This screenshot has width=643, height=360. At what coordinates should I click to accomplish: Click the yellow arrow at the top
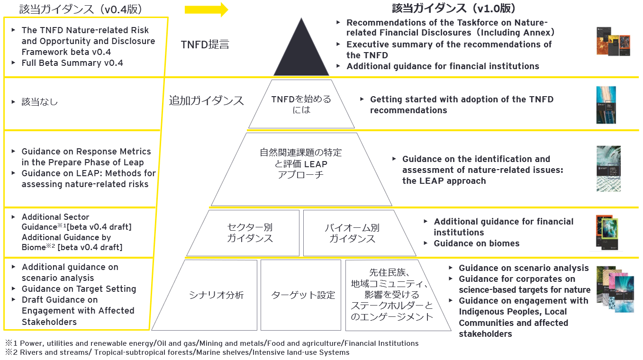(x=206, y=9)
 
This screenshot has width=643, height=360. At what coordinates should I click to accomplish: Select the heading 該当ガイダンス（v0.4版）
(x=81, y=9)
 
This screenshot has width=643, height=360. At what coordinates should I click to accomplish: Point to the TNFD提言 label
(x=205, y=45)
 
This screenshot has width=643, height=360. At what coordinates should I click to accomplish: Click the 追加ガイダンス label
(x=206, y=100)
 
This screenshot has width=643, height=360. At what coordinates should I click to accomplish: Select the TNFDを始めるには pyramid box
(x=301, y=104)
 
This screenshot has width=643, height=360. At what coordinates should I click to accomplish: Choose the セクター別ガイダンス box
(x=250, y=233)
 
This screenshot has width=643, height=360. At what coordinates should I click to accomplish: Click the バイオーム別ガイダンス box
(x=352, y=233)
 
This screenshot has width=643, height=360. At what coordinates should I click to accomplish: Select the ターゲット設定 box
(x=303, y=295)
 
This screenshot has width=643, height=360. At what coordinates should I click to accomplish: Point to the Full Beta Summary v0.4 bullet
(x=72, y=63)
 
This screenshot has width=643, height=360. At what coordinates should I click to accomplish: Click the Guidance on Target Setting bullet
(x=79, y=289)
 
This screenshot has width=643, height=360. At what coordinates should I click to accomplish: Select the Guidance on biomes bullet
(x=476, y=243)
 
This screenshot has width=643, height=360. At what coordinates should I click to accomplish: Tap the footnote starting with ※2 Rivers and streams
(x=177, y=352)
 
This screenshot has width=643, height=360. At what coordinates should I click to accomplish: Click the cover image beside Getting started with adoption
(x=606, y=105)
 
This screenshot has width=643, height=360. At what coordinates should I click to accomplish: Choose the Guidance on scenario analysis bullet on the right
(x=523, y=268)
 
